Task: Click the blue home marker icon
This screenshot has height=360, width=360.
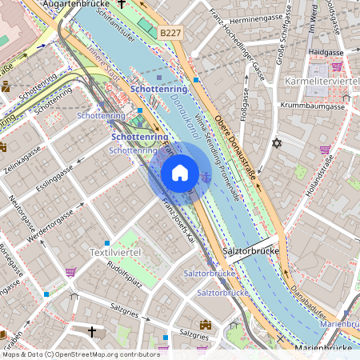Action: tap(180, 173)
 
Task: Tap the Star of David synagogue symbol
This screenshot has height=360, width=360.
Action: tap(278, 143)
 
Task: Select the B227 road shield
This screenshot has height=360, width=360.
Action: tap(170, 32)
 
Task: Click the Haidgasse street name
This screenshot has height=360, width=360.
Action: tap(324, 51)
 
